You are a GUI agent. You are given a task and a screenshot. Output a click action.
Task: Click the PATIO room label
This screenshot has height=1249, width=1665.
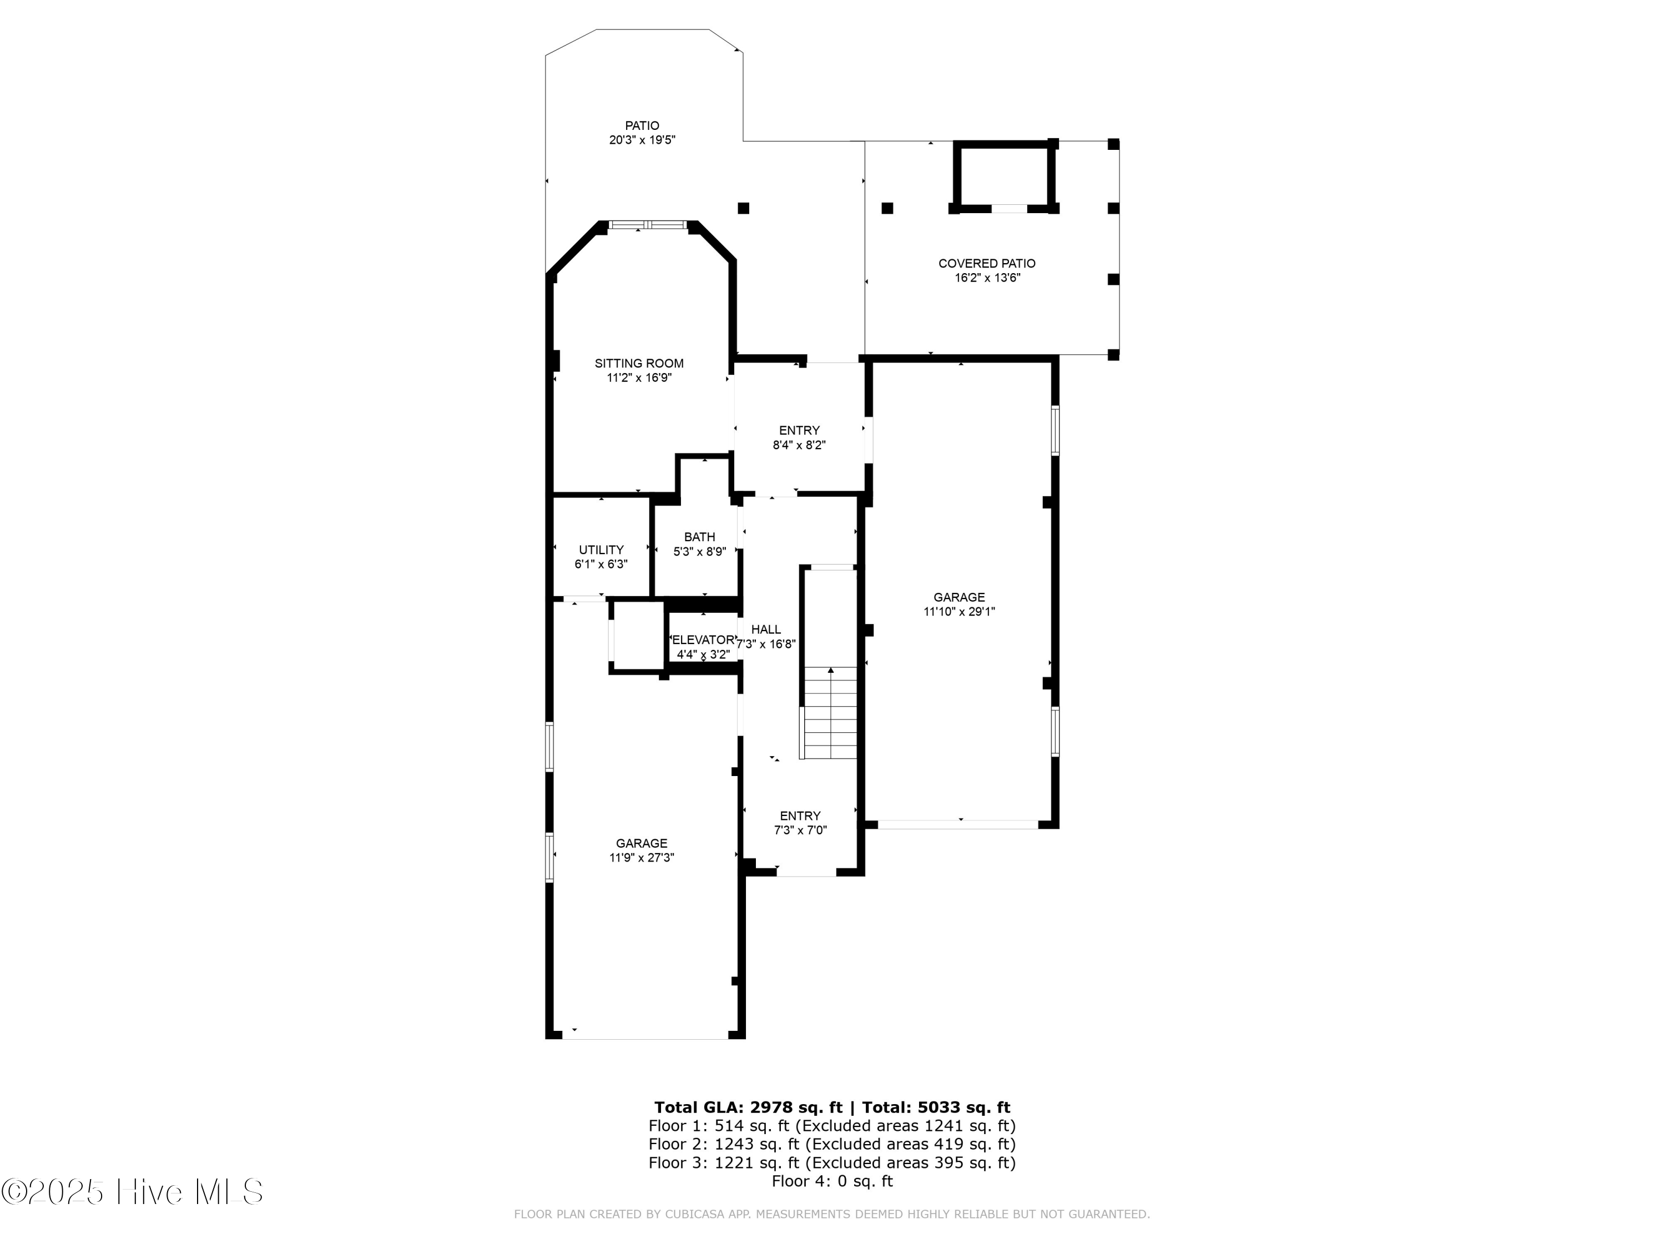(x=642, y=125)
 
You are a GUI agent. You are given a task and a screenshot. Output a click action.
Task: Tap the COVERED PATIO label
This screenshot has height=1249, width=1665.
(x=986, y=264)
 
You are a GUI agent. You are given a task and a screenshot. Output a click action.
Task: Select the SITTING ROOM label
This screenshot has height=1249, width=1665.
(x=638, y=363)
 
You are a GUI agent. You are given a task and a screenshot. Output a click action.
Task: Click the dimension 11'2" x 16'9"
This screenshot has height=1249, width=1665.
(x=638, y=378)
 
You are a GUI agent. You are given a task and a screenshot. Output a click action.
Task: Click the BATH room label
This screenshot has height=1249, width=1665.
(x=699, y=537)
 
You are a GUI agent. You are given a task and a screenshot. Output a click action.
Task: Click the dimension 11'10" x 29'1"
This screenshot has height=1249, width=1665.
(x=959, y=611)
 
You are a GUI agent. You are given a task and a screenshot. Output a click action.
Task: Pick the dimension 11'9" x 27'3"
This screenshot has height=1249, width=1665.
(x=642, y=858)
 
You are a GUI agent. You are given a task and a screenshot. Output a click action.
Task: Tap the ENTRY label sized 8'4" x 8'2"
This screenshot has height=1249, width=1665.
(x=799, y=431)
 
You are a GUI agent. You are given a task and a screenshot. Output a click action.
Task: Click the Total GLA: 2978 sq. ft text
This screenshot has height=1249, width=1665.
(x=748, y=1107)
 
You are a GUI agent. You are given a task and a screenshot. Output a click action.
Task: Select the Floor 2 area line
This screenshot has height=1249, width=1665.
(x=832, y=1144)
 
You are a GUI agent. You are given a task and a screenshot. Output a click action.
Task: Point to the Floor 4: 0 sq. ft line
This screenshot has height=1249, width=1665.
(x=832, y=1181)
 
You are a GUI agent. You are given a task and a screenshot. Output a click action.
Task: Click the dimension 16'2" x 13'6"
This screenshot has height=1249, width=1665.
(x=986, y=278)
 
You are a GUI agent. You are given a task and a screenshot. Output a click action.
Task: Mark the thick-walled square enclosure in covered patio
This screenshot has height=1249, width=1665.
(x=1002, y=175)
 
